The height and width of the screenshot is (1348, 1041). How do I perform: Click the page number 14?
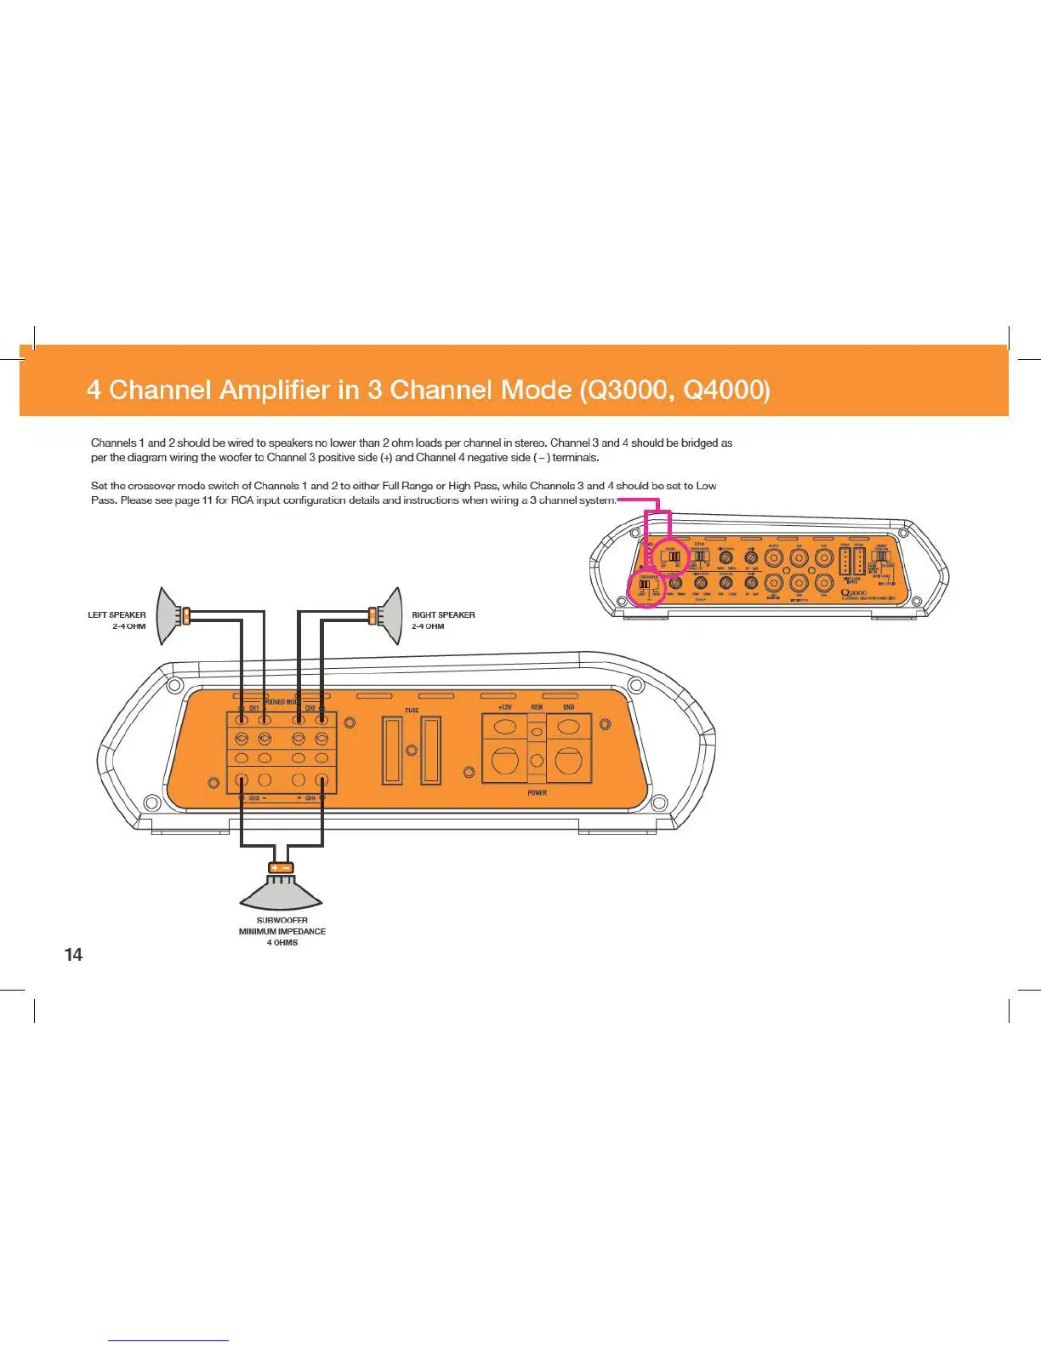pyautogui.click(x=74, y=955)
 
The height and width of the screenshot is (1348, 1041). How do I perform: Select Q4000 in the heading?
pyautogui.click(x=726, y=391)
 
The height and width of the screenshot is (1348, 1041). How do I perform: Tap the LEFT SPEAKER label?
pyautogui.click(x=117, y=614)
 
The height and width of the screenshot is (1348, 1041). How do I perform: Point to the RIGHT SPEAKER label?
pyautogui.click(x=443, y=614)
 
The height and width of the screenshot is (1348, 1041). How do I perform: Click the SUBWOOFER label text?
pyautogui.click(x=282, y=920)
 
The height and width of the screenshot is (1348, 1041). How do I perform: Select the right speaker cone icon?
pyautogui.click(x=391, y=614)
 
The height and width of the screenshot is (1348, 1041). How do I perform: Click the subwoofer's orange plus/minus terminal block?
pyautogui.click(x=281, y=868)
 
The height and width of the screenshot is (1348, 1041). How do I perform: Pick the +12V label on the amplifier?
pyautogui.click(x=504, y=707)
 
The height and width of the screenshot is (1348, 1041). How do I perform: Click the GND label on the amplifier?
pyautogui.click(x=568, y=707)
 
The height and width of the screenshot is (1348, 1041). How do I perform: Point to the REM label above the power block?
pyautogui.click(x=537, y=707)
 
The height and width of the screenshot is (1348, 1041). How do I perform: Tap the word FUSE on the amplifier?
pyautogui.click(x=412, y=710)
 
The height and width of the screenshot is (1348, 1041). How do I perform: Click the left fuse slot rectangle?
pyautogui.click(x=392, y=750)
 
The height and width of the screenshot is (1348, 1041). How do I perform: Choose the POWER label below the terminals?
pyautogui.click(x=537, y=793)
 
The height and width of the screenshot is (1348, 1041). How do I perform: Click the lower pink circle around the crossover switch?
pyautogui.click(x=646, y=587)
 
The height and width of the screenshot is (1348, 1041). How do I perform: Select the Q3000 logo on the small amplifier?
pyautogui.click(x=853, y=592)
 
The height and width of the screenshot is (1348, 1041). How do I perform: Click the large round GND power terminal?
pyautogui.click(x=568, y=760)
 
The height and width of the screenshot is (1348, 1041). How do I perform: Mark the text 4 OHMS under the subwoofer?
pyautogui.click(x=282, y=943)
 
